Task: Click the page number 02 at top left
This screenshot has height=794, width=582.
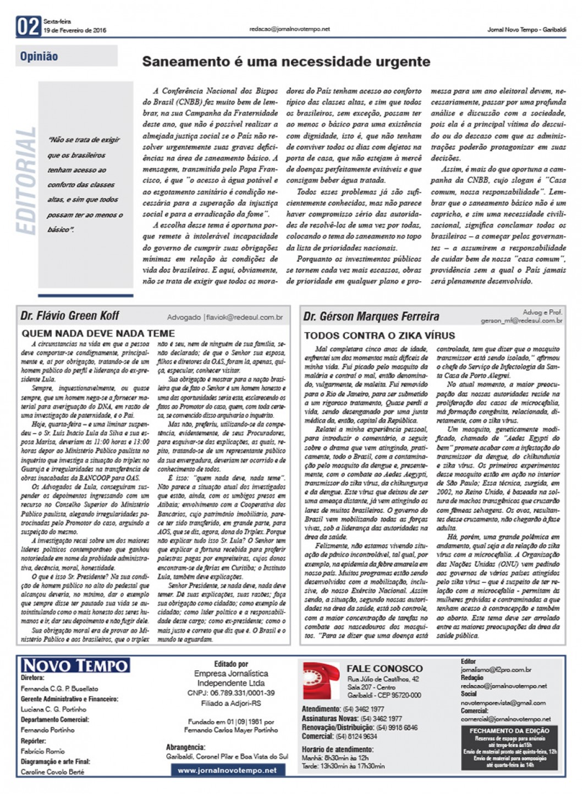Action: pos(29,26)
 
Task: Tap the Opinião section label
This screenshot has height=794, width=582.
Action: pos(39,56)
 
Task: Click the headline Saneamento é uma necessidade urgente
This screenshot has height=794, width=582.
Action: pos(285,61)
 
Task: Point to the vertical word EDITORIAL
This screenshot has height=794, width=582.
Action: pos(26,181)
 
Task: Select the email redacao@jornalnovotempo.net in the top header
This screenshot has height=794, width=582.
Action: pos(289,29)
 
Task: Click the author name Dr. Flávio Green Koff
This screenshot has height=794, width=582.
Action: pos(69,316)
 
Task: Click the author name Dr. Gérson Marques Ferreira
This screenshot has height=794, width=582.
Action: pos(371,316)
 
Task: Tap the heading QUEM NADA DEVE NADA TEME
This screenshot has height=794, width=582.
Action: pos(98,333)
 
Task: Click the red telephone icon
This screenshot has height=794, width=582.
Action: pos(321,681)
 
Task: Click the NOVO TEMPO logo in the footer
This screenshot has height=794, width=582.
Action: pos(75,665)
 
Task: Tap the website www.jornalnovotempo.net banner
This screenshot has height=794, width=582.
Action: pos(227,770)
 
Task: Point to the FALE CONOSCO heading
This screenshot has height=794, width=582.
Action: pos(385,669)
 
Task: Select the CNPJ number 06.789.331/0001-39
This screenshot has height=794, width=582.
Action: pos(232,693)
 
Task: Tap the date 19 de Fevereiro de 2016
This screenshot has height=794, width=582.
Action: pos(75,30)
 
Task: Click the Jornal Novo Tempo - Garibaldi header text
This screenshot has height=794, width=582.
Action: pos(526,30)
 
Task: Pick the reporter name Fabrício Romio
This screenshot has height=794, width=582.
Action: pos(42,751)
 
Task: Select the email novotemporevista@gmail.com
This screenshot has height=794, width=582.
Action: pos(503,703)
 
